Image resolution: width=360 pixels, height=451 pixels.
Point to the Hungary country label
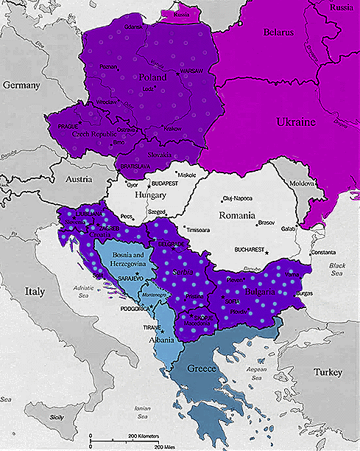click(x=152, y=196)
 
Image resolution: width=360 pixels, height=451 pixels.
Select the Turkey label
click(x=328, y=373)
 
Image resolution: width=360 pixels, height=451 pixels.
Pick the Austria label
click(x=77, y=179)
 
